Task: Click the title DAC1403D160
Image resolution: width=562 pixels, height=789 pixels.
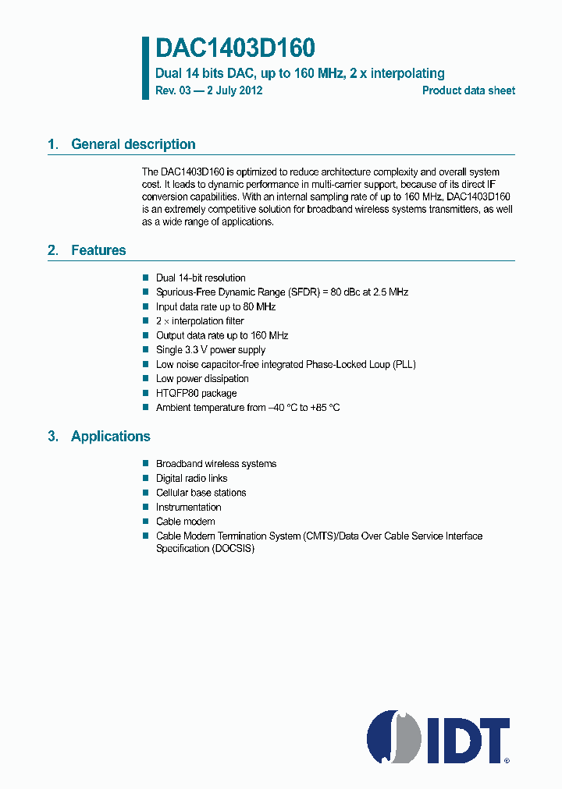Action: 235,48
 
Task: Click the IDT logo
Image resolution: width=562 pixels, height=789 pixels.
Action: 439,736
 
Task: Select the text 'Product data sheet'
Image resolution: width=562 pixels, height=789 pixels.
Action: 468,90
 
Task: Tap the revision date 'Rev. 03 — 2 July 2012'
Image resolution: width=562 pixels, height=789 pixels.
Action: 209,90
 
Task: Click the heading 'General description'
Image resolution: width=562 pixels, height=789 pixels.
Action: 133,144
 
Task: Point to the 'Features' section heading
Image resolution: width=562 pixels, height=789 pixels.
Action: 98,250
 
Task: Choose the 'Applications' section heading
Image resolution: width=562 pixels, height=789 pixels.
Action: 110,437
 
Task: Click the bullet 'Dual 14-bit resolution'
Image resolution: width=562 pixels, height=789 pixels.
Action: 201,278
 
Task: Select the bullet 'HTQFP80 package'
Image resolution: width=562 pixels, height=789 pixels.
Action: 196,394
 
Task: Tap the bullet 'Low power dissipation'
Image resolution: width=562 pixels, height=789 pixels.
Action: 202,379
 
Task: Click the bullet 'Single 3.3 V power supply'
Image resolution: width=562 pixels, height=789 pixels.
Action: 211,350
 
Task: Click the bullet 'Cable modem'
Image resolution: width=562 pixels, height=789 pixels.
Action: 185,522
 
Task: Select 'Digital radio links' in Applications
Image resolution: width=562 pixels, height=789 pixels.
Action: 191,479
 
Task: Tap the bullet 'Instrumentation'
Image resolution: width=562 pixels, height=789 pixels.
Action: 188,508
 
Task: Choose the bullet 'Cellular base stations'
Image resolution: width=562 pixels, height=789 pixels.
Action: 201,493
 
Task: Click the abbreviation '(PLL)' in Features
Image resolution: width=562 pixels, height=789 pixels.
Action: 405,365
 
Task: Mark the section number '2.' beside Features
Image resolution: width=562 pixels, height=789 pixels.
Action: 53,250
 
